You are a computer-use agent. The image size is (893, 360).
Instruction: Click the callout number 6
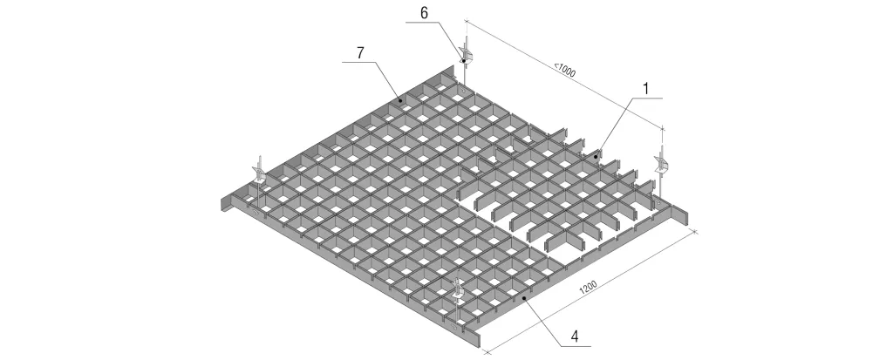click(x=425, y=13)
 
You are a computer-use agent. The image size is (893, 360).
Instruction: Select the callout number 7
click(x=360, y=53)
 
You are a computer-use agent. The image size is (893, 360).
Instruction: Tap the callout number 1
click(x=646, y=89)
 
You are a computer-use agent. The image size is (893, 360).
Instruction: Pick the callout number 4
click(x=576, y=336)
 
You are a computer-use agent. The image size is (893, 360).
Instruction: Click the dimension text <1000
click(x=565, y=70)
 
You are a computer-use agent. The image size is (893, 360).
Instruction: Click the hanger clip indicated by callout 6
click(x=466, y=51)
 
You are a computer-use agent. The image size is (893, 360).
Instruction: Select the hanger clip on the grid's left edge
click(x=258, y=171)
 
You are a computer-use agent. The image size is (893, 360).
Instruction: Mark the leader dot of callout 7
click(x=399, y=100)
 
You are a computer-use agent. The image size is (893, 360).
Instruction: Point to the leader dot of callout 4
click(x=524, y=296)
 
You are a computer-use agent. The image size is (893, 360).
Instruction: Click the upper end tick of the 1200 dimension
click(x=695, y=230)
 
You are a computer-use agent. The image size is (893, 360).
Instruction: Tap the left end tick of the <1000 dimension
click(x=467, y=22)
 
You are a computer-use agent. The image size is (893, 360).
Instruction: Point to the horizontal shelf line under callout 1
click(x=646, y=98)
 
